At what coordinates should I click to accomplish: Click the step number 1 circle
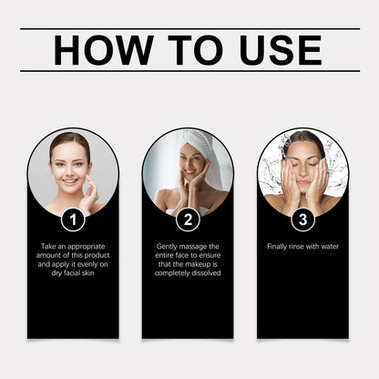coord(73,219)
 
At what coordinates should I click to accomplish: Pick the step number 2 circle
coord(188,219)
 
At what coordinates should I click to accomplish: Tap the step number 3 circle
coord(302,219)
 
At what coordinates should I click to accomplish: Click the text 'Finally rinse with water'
coord(302,246)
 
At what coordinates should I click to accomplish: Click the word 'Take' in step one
coord(51,246)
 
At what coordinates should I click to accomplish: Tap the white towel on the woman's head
coord(195,142)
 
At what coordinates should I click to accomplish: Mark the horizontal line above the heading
coord(189,29)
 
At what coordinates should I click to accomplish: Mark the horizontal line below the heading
coord(189,72)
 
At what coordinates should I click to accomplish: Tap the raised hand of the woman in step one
coord(92,193)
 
